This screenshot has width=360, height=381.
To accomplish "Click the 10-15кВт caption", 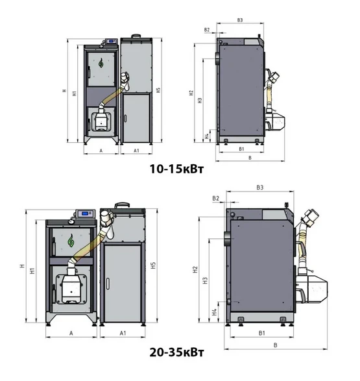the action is (x=176, y=169).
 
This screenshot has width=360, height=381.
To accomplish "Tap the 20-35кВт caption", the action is (x=176, y=352).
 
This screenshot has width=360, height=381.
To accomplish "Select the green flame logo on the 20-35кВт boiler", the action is (x=71, y=241).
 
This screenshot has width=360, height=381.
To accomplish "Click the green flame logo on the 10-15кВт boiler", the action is (x=101, y=63).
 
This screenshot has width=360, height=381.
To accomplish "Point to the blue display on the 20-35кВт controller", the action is (x=85, y=214).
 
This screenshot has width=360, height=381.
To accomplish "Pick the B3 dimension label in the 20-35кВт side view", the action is (x=259, y=188).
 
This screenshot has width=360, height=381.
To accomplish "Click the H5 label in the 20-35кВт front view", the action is (x=153, y=265).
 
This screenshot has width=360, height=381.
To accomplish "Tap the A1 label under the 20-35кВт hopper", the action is (x=123, y=333).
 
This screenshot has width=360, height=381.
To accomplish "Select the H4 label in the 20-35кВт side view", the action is (x=214, y=312).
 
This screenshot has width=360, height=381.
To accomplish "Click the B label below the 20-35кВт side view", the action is (x=275, y=345).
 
